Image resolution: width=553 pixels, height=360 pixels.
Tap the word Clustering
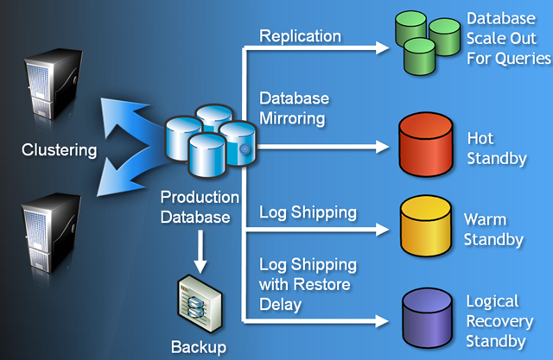click(59, 150)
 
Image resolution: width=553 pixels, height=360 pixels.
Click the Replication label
click(300, 36)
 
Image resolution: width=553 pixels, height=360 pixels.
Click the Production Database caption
click(195, 208)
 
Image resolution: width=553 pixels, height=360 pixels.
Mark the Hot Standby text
click(496, 148)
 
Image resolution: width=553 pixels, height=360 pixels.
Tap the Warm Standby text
click(493, 229)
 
